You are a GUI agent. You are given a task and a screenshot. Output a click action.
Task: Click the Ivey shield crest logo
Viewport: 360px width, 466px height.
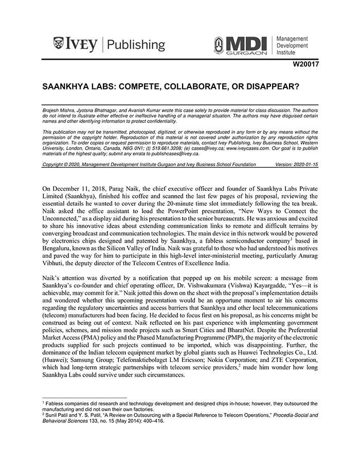pos(59,44)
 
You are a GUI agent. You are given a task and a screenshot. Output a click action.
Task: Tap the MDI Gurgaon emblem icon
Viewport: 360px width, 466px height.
pos(219,46)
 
